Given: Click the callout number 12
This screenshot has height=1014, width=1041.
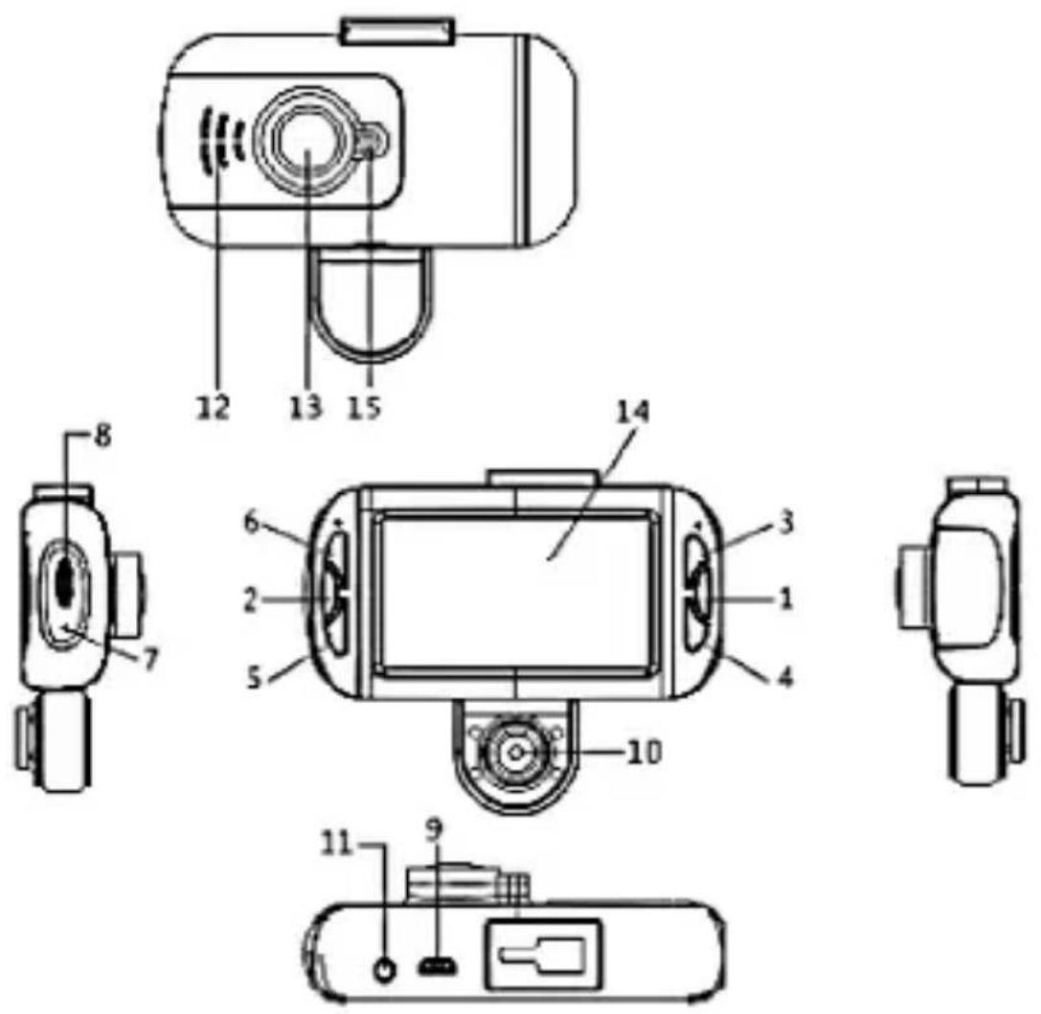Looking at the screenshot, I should pos(213,407).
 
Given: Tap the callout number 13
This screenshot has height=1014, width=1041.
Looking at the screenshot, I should pos(306,407).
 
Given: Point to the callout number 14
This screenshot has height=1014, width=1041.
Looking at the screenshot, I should pos(633,412).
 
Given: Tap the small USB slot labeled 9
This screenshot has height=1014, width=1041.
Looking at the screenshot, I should pos(437,968).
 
